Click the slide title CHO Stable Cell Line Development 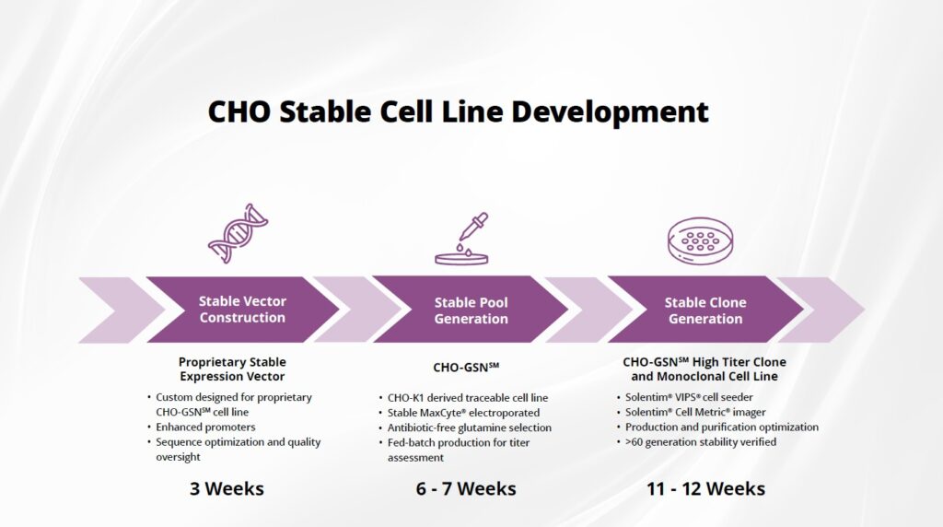click(x=459, y=112)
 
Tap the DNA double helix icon click(x=238, y=233)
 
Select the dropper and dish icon click(x=462, y=239)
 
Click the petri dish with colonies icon click(x=701, y=240)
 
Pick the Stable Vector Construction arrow click(x=242, y=310)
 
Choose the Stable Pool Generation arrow click(x=471, y=310)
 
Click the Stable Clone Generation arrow click(x=705, y=310)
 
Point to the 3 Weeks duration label click(x=227, y=488)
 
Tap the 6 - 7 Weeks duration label click(x=466, y=488)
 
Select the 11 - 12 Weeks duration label click(x=706, y=488)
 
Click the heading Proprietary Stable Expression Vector click(x=232, y=369)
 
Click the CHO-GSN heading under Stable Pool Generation click(x=466, y=367)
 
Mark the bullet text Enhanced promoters click(x=205, y=427)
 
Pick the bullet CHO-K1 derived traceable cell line click(x=467, y=398)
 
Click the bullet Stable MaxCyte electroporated click(x=463, y=413)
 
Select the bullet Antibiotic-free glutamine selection click(x=469, y=427)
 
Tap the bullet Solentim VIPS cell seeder click(x=689, y=397)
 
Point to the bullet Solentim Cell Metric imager click(x=695, y=412)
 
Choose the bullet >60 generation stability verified click(x=701, y=442)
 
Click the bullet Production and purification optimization click(x=722, y=427)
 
